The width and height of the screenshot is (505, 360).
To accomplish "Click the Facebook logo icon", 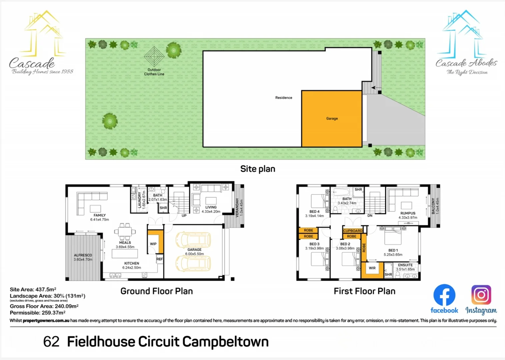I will pyautogui.click(x=444, y=295).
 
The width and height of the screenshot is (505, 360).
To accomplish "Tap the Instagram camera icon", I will pyautogui.click(x=481, y=295).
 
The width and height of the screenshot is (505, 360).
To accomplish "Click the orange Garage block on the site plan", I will pyautogui.click(x=332, y=119).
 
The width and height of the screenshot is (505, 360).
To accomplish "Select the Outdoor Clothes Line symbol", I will pyautogui.click(x=154, y=57).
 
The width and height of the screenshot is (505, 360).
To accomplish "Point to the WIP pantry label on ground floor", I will pyautogui.click(x=153, y=244).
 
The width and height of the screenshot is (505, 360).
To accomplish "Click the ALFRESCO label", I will pyautogui.click(x=83, y=255).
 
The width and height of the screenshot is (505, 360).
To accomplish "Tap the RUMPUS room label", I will pyautogui.click(x=408, y=213).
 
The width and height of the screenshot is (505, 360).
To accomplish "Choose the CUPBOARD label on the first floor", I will pyautogui.click(x=353, y=231).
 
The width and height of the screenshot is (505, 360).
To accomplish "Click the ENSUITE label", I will pyautogui.click(x=405, y=265).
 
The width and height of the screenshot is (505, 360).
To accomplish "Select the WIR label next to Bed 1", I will pyautogui.click(x=372, y=268).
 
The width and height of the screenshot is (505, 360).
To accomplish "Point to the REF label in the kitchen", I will pyautogui.click(x=160, y=259).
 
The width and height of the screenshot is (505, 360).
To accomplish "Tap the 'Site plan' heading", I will pyautogui.click(x=258, y=169).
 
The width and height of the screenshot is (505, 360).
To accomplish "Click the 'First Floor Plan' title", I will pyautogui.click(x=364, y=291).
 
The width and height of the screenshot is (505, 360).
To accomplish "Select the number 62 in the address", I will pyautogui.click(x=51, y=342).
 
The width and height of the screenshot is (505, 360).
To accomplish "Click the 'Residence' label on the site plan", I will pyautogui.click(x=284, y=98).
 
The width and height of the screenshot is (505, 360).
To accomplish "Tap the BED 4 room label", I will pyautogui.click(x=314, y=212).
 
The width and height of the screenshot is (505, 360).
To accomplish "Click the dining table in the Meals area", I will pyautogui.click(x=125, y=231).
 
